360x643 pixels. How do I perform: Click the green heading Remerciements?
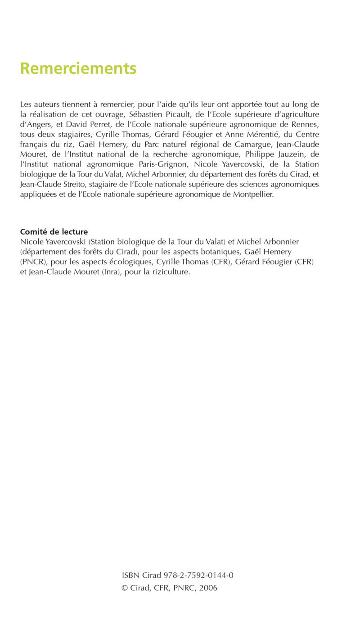pyautogui.click(x=78, y=68)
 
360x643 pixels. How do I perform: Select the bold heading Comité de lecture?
pyautogui.click(x=54, y=232)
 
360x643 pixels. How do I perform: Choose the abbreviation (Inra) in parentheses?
pyautogui.click(x=112, y=272)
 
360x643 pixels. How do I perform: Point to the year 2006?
pyautogui.click(x=208, y=588)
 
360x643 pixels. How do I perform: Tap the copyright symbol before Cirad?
pyautogui.click(x=125, y=588)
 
